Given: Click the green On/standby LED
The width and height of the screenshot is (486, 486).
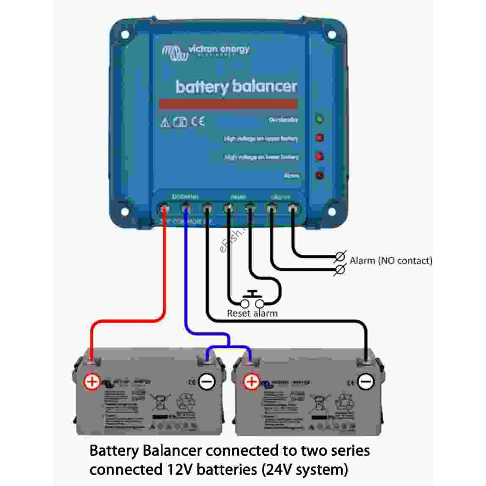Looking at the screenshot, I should point(320,119).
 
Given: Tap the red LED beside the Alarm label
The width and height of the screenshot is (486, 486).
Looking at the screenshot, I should point(320,175).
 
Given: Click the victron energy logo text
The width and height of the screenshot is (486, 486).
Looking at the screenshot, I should point(219,50).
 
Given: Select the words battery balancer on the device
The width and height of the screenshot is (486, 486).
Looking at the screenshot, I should point(237,87).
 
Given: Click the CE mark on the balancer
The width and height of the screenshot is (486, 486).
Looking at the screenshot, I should point(198,122).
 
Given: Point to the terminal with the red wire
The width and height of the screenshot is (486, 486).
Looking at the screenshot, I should point(164,209).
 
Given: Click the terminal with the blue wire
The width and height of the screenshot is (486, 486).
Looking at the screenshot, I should point(185,209).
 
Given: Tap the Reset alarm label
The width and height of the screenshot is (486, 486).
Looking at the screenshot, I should point(252,313).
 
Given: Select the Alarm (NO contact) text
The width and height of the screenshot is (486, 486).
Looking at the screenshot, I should point(391,260).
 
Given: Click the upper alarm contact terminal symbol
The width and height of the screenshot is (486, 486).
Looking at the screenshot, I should point(341,256).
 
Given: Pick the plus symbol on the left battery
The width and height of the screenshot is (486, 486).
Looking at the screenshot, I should point(92,382).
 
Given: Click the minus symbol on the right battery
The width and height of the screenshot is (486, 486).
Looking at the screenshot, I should point(366,382).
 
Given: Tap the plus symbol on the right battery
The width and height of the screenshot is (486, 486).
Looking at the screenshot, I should point(252,382).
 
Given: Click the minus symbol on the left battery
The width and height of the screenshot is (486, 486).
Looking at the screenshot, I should point(207,382).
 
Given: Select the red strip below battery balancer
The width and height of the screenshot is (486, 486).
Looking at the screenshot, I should point(228,104).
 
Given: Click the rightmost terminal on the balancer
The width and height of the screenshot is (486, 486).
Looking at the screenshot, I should point(293,209).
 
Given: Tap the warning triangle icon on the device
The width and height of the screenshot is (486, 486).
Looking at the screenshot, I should point(165,122).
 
